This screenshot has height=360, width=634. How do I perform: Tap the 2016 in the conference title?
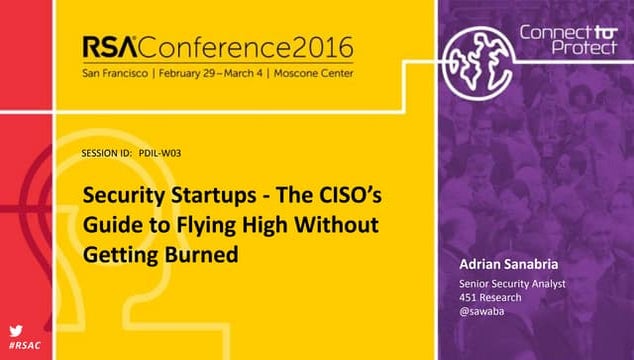(x=326, y=49)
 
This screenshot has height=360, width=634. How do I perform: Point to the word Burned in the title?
(x=207, y=253)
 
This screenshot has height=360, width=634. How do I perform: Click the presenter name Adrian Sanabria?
(x=502, y=264)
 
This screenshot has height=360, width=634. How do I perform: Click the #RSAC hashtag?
(x=24, y=345)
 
